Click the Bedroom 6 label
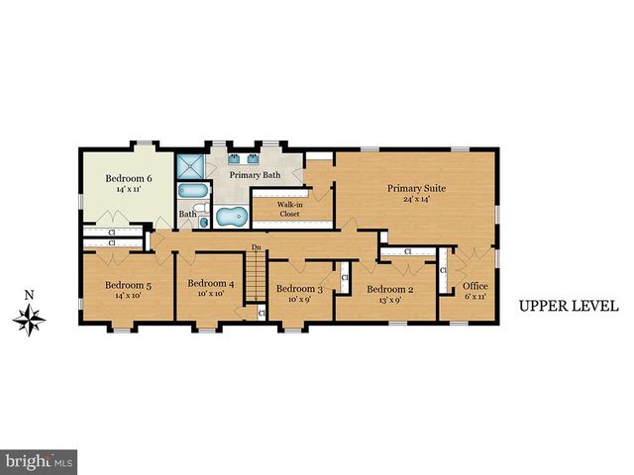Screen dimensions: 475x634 point(129,179)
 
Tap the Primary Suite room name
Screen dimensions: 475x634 point(415,187)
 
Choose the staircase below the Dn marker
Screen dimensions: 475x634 point(257,280)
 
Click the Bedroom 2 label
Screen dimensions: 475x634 point(388,289)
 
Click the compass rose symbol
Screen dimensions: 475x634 point(30,318)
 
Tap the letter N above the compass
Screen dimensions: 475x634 point(30,294)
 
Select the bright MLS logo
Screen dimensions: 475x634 point(40,461)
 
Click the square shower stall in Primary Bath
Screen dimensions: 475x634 point(188,164)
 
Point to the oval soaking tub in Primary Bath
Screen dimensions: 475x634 point(231,216)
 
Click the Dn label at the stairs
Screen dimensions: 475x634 point(256,247)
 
